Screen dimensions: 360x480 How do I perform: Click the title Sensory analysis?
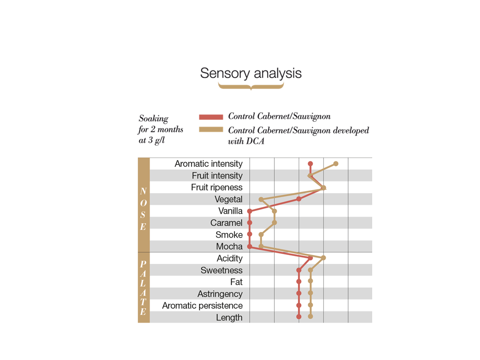tap(251, 73)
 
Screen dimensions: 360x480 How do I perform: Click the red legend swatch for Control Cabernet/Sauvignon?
tap(211, 117)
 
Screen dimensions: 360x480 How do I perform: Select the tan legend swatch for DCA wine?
tap(211, 130)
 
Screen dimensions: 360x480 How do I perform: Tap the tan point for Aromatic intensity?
tap(336, 164)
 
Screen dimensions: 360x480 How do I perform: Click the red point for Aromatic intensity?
tap(310, 164)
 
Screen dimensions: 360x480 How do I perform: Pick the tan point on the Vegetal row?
tap(261, 199)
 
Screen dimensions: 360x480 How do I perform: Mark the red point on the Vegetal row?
tap(299, 199)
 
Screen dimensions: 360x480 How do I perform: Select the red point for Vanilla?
tap(250, 211)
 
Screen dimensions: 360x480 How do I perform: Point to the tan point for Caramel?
tap(274, 223)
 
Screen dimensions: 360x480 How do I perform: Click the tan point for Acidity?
tap(323, 258)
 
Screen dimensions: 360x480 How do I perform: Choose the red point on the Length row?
tap(299, 317)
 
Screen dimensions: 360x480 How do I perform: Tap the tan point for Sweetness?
tap(310, 270)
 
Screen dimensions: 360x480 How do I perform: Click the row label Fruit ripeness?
tap(217, 187)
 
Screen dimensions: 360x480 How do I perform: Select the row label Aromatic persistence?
tap(202, 306)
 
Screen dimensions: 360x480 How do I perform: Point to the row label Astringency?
tap(220, 294)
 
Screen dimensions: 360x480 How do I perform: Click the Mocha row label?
tap(229, 247)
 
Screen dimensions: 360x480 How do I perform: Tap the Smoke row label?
tap(229, 235)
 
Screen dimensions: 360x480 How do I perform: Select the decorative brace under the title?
tap(251, 86)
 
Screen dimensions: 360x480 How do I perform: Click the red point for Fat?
tap(299, 282)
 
